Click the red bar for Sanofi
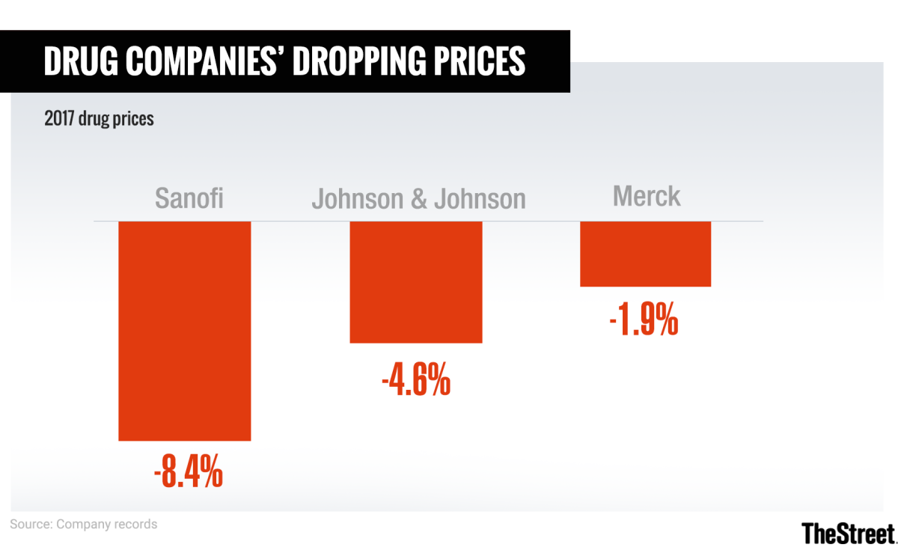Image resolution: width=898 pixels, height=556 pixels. pos(184,331)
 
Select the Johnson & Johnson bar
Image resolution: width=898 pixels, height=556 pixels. pos(416,282)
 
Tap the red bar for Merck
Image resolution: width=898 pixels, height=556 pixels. pos(645,254)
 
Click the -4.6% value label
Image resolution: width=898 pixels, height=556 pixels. pos(416,379)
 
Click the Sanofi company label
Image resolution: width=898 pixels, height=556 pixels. pos(190,199)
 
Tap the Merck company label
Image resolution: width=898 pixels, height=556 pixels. pos(647,196)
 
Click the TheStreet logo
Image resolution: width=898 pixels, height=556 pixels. pos(848,533)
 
